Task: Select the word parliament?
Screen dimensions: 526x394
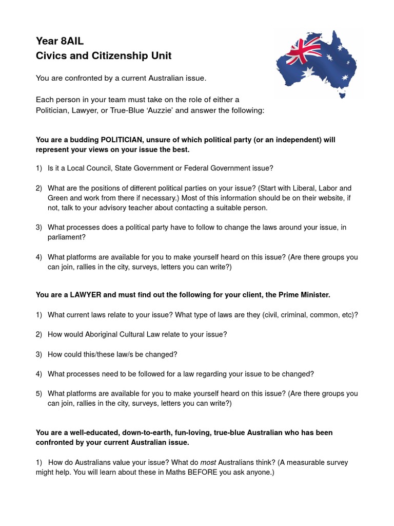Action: click(x=67, y=237)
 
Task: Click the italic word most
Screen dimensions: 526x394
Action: click(x=208, y=463)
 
